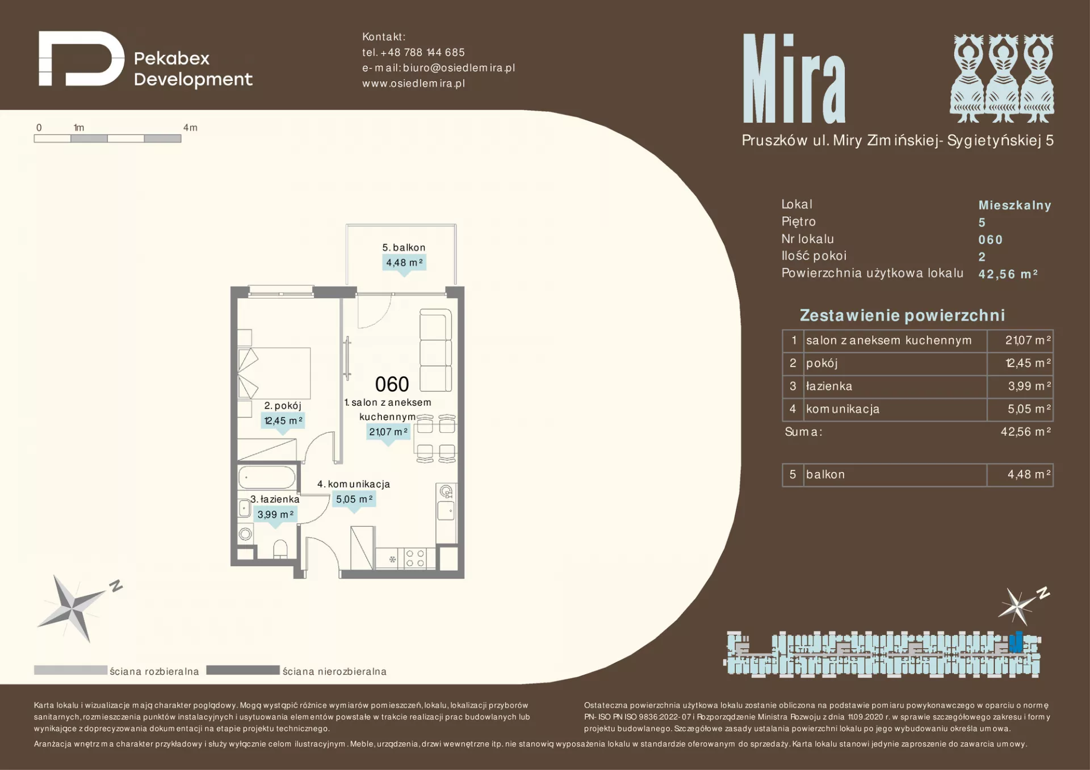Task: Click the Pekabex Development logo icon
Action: coord(81,58)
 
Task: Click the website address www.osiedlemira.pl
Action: coord(413,83)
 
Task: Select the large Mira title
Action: coord(794,78)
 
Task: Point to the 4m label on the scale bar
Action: coord(190,128)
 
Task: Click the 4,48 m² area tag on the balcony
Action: coord(404,263)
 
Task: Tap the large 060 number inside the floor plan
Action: coord(392,384)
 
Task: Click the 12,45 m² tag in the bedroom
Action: coord(283,420)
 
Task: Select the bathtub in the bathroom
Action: coord(267,477)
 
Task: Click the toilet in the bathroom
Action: coord(280,549)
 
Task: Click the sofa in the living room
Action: coord(435,350)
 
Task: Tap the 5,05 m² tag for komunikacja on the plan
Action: coord(354,499)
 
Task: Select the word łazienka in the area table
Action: coord(829,386)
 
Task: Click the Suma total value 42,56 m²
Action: coord(1026,432)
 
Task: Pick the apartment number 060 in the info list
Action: coord(991,240)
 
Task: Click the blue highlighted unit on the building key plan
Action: coord(1016,642)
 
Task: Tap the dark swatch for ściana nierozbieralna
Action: coord(243,670)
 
